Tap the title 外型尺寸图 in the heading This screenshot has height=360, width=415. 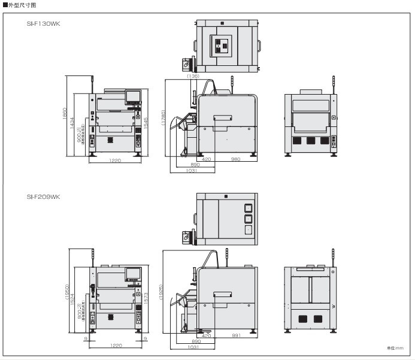click(x=20, y=4)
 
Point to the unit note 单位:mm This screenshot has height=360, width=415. click(x=396, y=348)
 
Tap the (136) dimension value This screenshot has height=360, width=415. click(x=193, y=75)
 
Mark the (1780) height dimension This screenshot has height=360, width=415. click(x=163, y=117)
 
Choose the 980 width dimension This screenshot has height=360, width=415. click(x=235, y=159)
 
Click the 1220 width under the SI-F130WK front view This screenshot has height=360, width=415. click(x=115, y=161)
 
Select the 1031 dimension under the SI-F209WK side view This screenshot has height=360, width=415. click(x=193, y=347)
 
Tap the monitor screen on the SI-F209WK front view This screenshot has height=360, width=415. click(x=133, y=274)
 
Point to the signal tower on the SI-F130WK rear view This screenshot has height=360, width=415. click(x=333, y=83)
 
